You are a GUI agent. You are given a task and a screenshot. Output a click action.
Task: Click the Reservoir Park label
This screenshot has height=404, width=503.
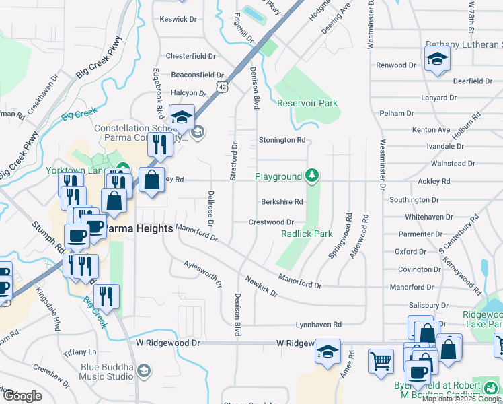(307, 103)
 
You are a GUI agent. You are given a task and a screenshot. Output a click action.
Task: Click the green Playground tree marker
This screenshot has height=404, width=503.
(311, 176)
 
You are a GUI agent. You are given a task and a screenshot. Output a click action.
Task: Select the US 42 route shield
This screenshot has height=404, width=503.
(222, 87)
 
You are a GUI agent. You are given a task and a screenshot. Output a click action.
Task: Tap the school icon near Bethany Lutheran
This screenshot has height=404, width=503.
(437, 59)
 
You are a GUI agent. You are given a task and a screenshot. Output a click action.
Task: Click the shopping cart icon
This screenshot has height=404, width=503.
(381, 360)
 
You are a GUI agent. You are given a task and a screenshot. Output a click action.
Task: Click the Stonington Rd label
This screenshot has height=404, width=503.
(282, 140)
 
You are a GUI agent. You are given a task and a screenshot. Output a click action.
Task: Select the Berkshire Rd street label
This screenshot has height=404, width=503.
(282, 201)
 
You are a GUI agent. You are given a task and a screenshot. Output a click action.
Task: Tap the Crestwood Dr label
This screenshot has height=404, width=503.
(271, 222)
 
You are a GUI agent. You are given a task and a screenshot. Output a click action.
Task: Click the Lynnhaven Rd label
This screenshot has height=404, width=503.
(319, 324)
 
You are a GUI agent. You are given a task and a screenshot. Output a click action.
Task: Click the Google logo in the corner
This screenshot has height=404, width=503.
(22, 396)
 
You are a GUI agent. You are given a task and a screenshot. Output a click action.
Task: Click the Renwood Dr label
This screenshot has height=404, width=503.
(396, 65)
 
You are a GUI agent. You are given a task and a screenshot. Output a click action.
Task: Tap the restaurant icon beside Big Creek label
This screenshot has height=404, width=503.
(106, 296)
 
